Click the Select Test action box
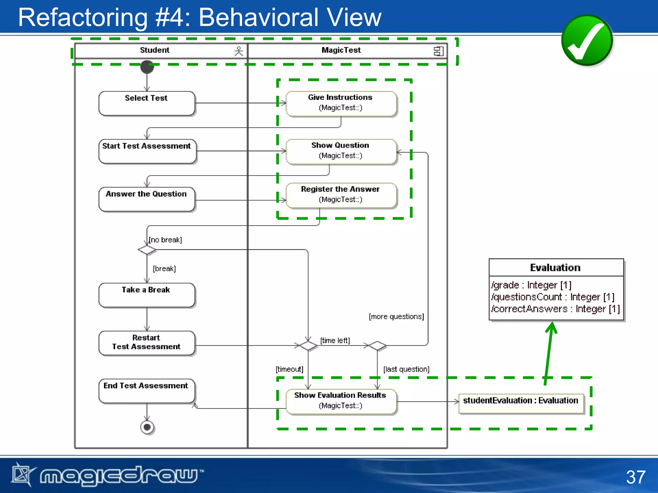(147, 103)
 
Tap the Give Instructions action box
(341, 103)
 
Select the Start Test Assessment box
(147, 151)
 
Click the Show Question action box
(341, 151)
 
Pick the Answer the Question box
(147, 199)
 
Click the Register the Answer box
(341, 195)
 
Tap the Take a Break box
(147, 295)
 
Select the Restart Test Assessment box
(147, 343)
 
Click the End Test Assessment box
(147, 391)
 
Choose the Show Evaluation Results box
(341, 401)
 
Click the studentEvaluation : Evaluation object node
(521, 403)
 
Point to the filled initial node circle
(147, 67)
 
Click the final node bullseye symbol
(147, 427)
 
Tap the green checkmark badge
(587, 40)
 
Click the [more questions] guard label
(396, 317)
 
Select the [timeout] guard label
(289, 369)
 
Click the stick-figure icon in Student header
(239, 51)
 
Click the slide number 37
(635, 477)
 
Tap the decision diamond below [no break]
(147, 249)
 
